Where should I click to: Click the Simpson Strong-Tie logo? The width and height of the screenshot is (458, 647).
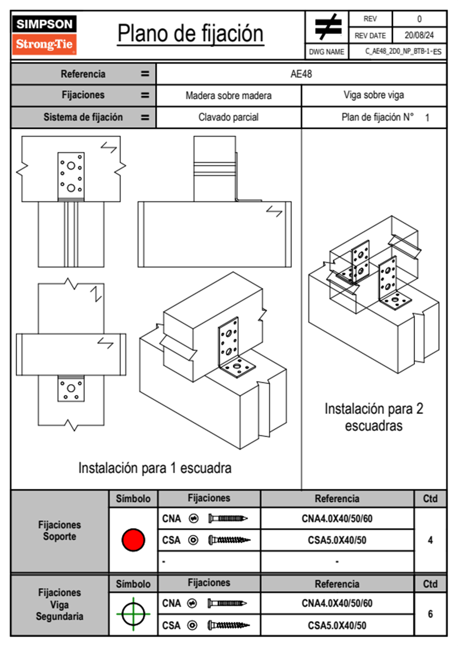pos(44,35)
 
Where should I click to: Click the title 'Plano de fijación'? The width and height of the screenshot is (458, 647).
pos(191,34)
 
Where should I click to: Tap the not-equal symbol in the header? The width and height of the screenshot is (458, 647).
pos(328,27)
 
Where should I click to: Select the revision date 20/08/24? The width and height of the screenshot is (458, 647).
pos(419,35)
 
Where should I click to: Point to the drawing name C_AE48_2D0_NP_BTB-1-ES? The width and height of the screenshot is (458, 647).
pos(403,52)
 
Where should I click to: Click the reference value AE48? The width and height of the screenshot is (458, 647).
pos(301,74)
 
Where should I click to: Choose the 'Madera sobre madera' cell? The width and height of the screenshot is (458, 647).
pos(229,96)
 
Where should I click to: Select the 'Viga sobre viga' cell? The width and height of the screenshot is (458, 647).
pos(374,95)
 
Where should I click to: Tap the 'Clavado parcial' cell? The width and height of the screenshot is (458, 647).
pos(229,117)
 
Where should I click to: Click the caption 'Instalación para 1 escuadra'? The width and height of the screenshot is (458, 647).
pos(155,468)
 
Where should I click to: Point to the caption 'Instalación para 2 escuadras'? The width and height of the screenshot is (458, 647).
pos(374,417)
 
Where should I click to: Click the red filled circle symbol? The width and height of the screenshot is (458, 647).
pos(133,540)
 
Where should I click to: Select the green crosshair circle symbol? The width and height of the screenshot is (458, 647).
pos(133,614)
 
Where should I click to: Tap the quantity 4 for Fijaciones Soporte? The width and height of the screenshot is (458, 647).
pos(430,540)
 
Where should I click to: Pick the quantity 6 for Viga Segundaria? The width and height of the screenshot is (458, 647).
pos(430,614)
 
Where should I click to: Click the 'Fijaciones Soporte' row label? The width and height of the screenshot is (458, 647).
pos(60,530)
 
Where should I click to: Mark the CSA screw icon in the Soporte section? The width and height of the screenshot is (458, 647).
pos(229,540)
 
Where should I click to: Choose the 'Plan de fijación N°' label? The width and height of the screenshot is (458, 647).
pos(378,117)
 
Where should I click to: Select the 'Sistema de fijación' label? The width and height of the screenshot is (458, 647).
pos(83,117)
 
